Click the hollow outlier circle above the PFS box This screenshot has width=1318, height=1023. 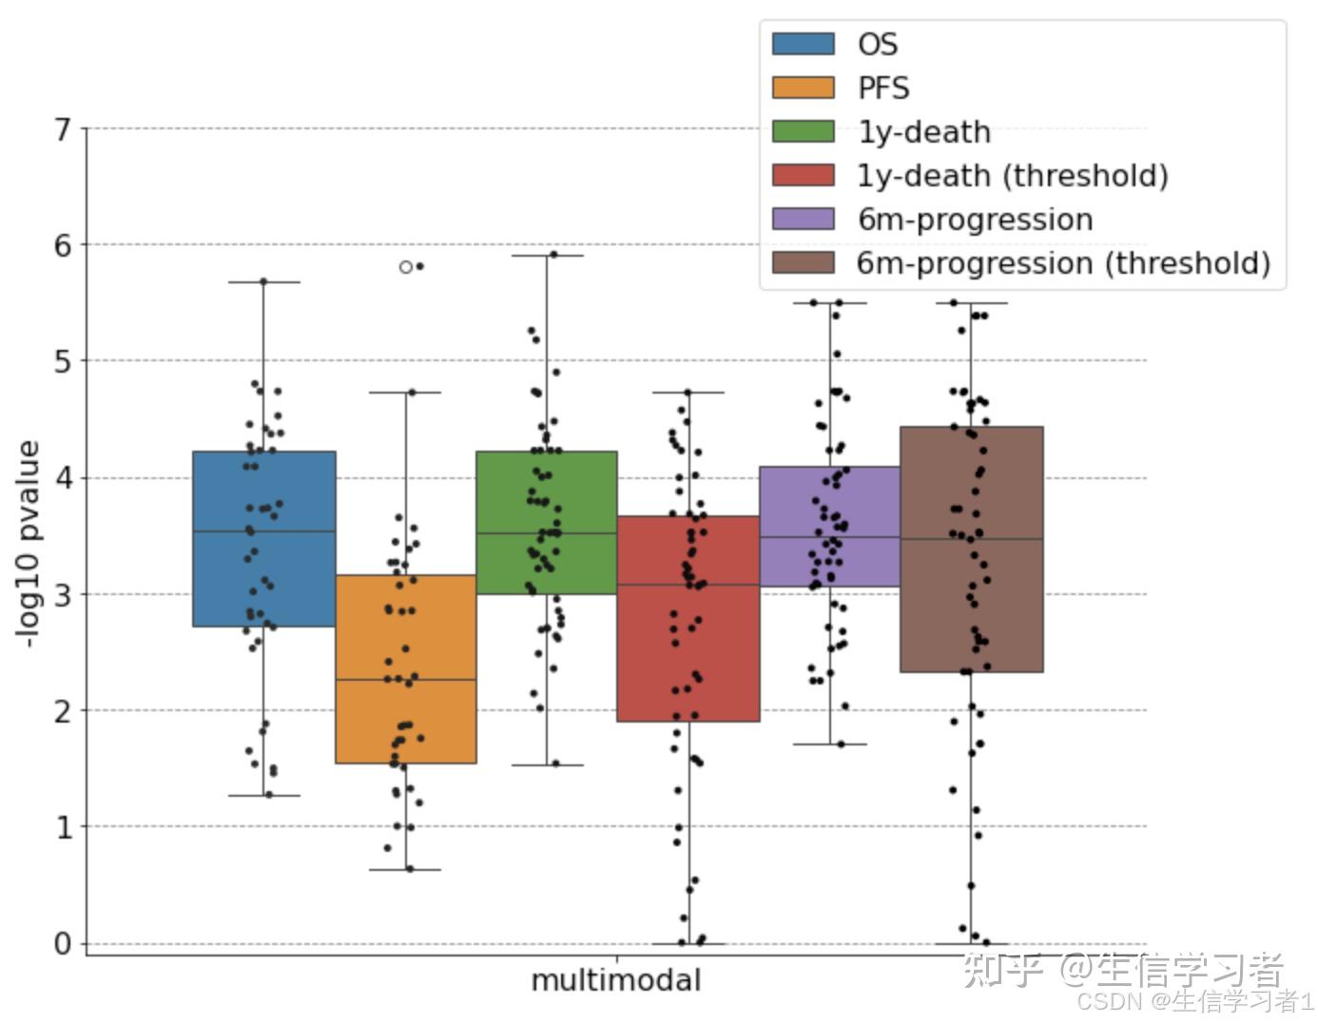(406, 267)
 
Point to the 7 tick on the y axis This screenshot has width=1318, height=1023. (64, 129)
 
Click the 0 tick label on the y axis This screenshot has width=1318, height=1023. (64, 943)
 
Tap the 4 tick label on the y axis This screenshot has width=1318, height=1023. (64, 477)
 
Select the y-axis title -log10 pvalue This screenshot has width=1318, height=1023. (29, 544)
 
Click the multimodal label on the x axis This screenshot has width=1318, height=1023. (616, 980)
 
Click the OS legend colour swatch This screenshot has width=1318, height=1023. (803, 45)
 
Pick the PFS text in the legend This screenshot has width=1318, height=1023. (883, 88)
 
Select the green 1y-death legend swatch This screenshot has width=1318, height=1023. (803, 132)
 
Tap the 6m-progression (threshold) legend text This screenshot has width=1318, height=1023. (1063, 263)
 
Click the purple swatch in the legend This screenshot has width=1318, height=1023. (803, 220)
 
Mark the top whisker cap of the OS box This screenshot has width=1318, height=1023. (263, 282)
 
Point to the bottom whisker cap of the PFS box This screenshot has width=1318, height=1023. (405, 870)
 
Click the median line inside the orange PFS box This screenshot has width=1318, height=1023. (405, 680)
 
